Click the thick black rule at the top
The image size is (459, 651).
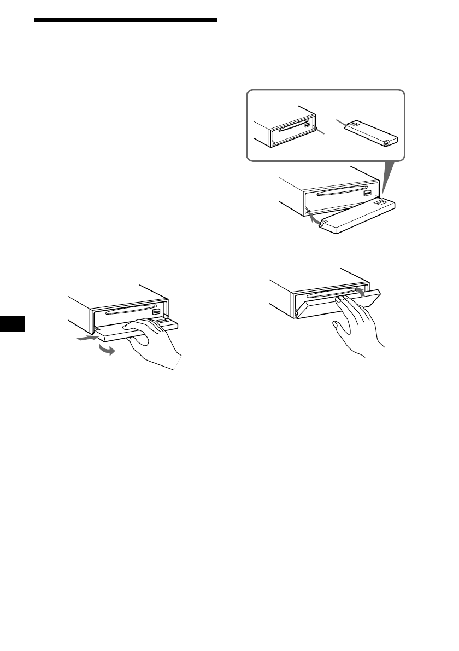(x=125, y=21)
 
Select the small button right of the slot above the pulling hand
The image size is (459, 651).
(x=156, y=312)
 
